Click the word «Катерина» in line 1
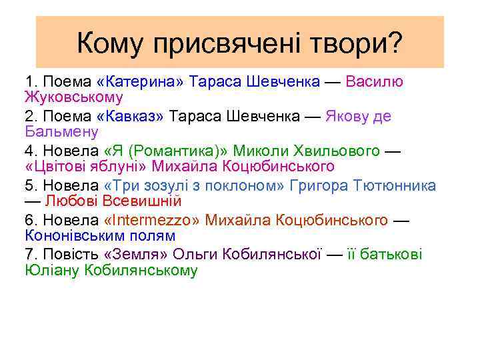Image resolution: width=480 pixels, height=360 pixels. point(141,81)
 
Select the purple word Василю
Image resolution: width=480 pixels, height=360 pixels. point(375,81)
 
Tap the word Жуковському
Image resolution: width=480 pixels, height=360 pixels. point(73,97)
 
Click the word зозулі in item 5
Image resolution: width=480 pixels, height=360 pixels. point(168,185)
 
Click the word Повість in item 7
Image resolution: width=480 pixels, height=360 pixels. point(71,255)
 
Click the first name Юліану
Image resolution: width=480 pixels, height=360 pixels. point(53,271)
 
